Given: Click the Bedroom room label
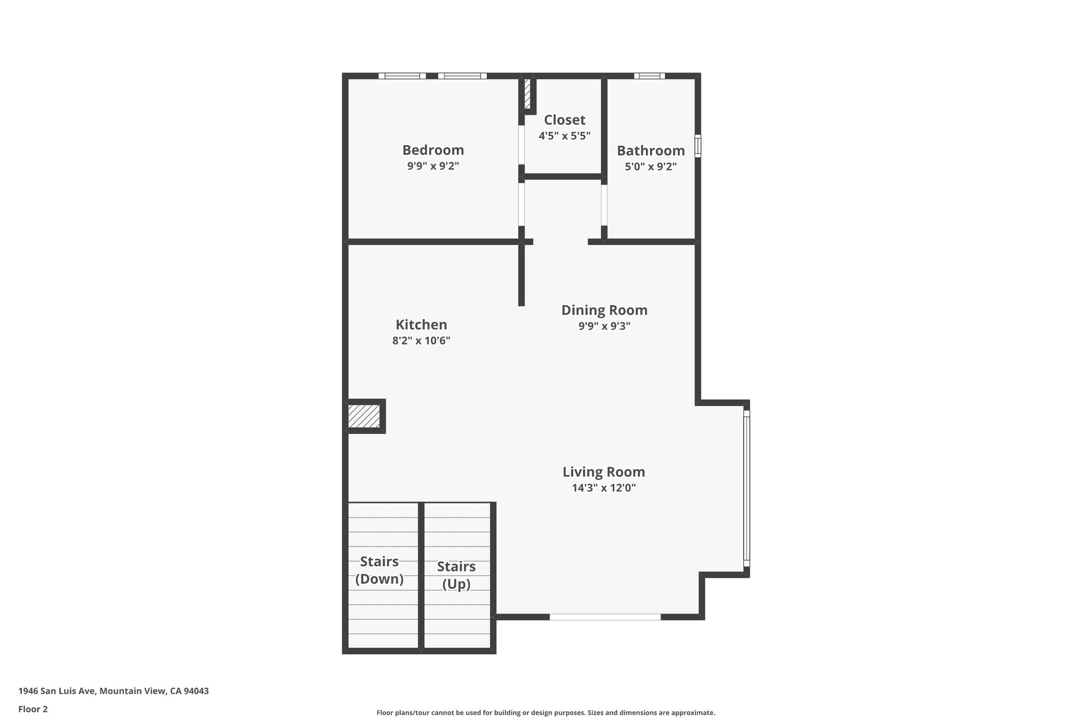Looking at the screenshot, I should [433, 150].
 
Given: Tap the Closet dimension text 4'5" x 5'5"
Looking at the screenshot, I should [564, 136].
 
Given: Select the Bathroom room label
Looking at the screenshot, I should [651, 151].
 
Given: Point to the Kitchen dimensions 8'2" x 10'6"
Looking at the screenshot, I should [421, 341].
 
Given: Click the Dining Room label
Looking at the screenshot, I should [604, 310].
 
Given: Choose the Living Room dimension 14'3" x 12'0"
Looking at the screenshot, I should [604, 488].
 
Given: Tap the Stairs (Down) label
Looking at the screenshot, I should [379, 570].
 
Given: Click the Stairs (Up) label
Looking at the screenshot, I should [456, 575].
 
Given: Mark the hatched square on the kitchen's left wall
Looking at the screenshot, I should [364, 416].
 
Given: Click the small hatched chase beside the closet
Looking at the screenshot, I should [527, 94].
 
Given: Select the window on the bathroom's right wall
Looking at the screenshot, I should [697, 146].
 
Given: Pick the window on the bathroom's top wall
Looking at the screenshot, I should [649, 76].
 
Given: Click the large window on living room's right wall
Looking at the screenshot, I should [746, 488].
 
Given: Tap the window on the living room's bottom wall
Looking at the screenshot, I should [605, 617].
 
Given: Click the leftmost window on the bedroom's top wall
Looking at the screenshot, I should [402, 76].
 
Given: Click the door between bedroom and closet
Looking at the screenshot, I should [521, 145].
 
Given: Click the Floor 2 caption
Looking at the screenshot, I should [33, 709].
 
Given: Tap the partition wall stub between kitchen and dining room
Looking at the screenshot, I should [521, 274].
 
